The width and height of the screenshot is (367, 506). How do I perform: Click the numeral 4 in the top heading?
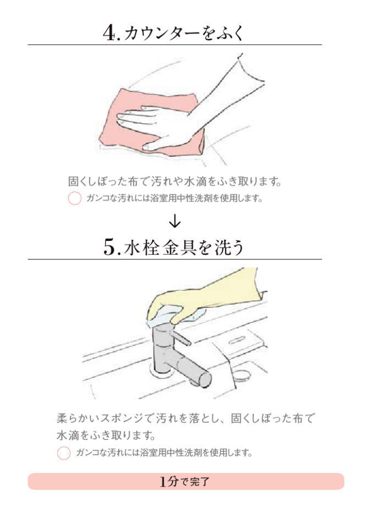(109, 32)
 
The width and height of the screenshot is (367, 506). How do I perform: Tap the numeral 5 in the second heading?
(109, 247)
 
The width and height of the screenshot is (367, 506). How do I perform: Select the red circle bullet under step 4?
(74, 198)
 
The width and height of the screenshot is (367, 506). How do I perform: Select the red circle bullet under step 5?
(64, 453)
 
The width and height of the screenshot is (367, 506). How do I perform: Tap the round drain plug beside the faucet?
(242, 375)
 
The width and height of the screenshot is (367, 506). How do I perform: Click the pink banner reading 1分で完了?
(186, 481)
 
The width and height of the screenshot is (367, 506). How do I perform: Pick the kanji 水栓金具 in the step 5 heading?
(159, 247)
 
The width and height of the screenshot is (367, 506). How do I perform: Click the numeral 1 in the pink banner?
(163, 482)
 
